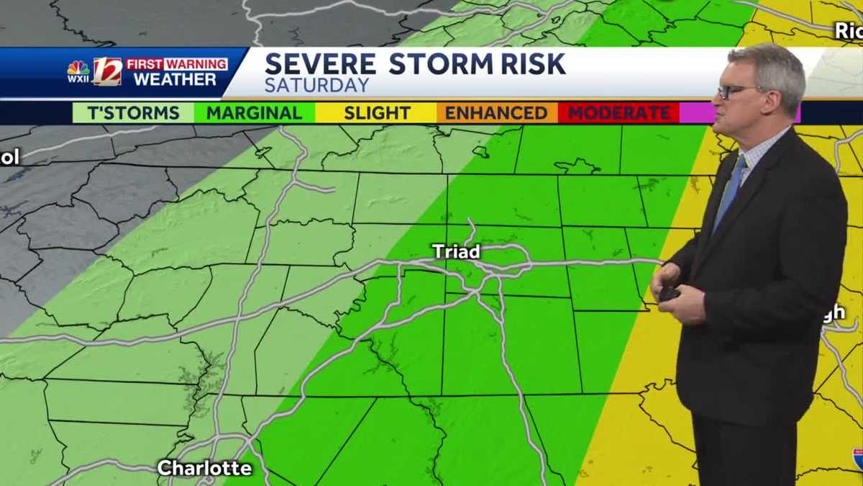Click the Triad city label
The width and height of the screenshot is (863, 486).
coord(456,251)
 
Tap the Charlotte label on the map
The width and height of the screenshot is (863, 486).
coord(204,468)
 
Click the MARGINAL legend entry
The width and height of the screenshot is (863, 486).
coord(254,113)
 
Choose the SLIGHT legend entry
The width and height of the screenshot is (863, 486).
coord(377,113)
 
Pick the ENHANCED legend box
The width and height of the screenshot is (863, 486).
coord(496,113)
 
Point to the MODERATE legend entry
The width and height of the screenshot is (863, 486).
coord(619,113)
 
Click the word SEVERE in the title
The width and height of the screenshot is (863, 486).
coord(320,64)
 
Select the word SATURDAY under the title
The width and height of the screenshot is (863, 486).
coord(317,85)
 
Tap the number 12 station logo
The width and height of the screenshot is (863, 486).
coord(107,71)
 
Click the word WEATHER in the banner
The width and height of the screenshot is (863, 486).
coord(175,79)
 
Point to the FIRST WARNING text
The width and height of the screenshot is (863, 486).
coord(176,64)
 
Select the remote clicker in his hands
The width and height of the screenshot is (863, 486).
coord(670,293)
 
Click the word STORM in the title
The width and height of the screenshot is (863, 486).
coord(438,64)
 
